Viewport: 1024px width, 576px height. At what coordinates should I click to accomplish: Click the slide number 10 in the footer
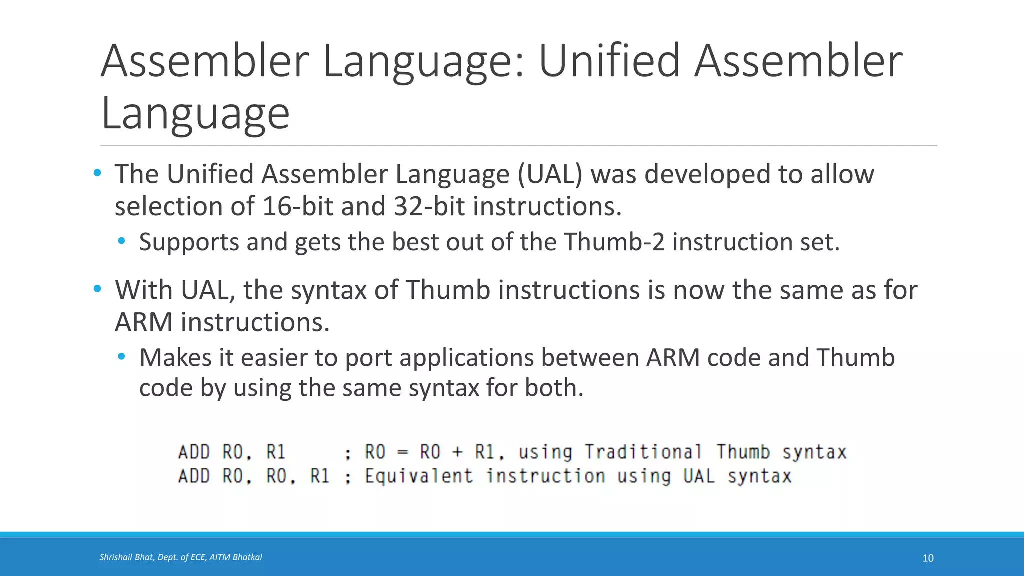[928, 558]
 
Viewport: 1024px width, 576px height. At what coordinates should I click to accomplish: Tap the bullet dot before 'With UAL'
[97, 289]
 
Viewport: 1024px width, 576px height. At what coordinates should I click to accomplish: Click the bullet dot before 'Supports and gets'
[121, 242]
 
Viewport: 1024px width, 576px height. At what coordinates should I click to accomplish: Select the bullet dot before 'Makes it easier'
[121, 357]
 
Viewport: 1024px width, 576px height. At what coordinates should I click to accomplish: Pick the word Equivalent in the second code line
[419, 476]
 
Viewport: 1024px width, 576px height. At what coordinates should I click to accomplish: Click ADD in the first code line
[194, 452]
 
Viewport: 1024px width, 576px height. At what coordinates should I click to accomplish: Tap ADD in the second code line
[194, 476]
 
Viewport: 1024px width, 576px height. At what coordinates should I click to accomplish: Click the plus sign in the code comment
[457, 452]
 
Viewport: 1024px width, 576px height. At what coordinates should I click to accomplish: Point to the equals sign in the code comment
[402, 452]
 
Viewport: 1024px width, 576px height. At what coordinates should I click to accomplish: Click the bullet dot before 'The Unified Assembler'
[97, 173]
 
